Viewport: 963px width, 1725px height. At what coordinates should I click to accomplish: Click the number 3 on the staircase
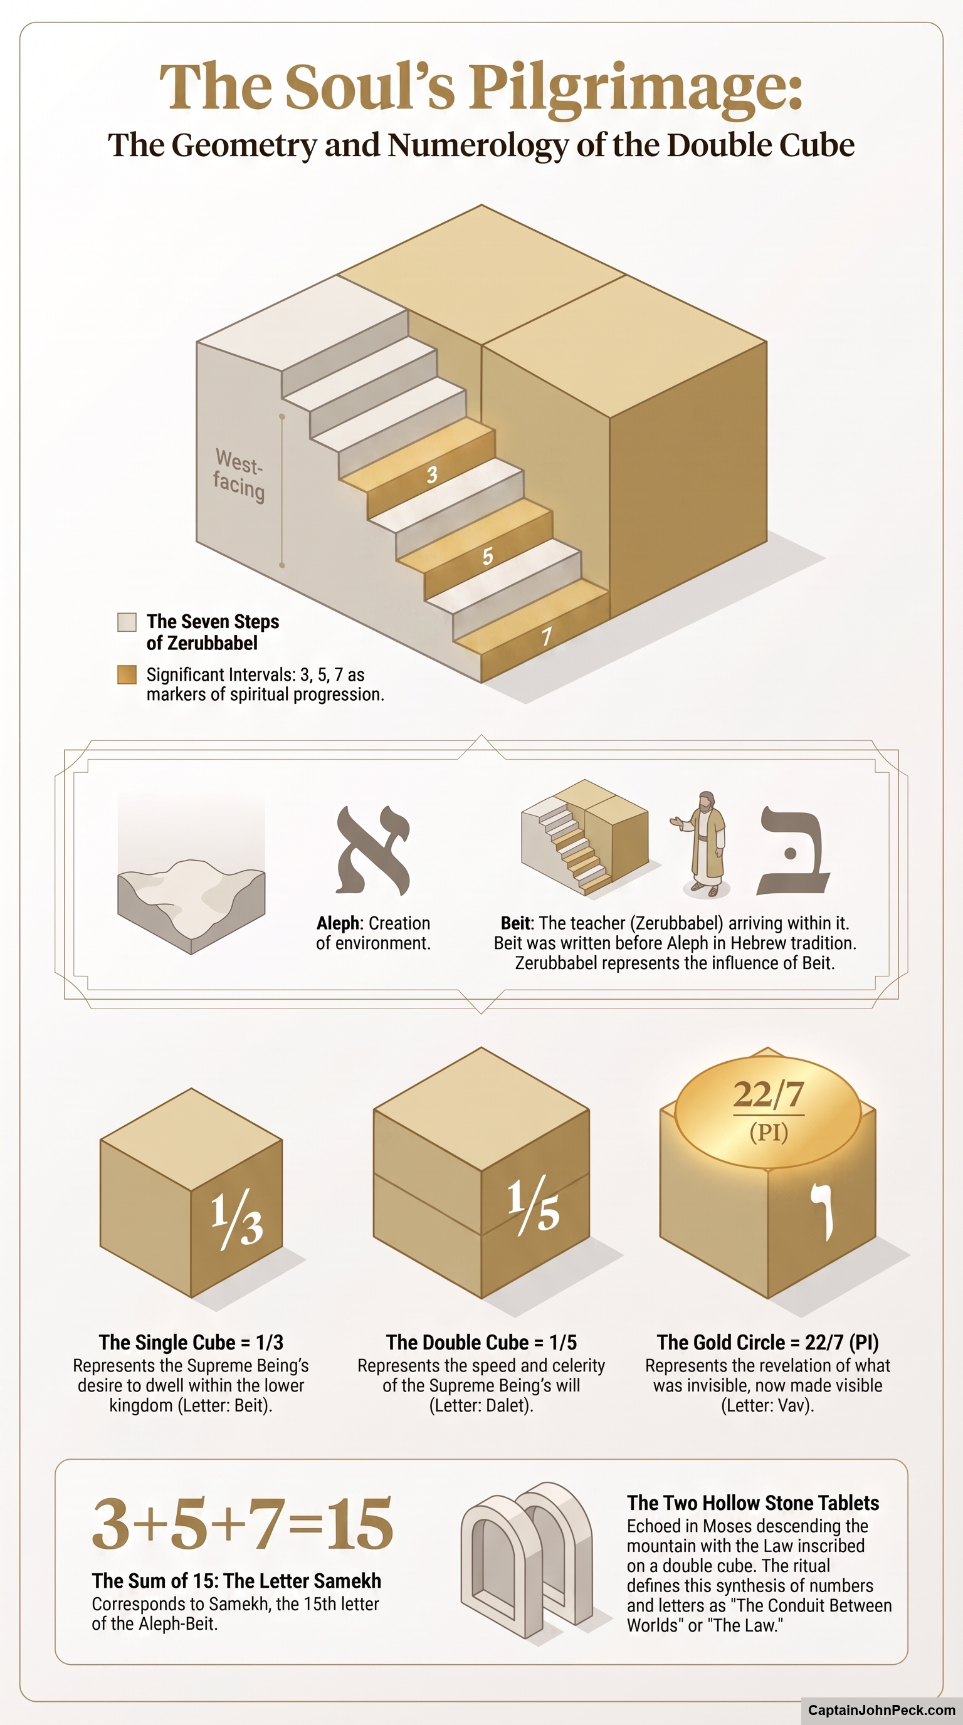click(432, 474)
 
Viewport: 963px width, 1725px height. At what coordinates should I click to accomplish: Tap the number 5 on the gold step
click(488, 556)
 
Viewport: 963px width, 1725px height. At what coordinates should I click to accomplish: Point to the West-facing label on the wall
click(239, 475)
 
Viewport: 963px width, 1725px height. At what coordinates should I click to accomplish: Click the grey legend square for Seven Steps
click(127, 622)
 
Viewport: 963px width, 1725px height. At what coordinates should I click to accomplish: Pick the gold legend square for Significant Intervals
click(127, 674)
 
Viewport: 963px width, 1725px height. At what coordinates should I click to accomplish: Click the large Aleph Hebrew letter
click(373, 851)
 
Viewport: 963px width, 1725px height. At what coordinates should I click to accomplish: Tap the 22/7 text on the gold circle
click(768, 1094)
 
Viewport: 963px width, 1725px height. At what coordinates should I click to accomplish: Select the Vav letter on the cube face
click(823, 1212)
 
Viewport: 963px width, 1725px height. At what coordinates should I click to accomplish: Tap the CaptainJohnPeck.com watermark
click(882, 1709)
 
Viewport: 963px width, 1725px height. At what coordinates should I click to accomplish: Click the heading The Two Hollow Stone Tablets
click(753, 1503)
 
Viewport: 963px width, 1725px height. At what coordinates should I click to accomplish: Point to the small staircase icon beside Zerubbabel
click(584, 837)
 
